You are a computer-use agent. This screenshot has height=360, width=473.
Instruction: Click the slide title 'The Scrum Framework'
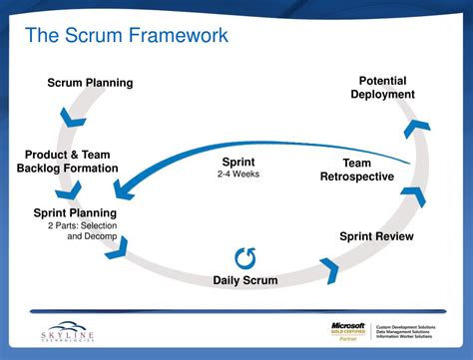tap(126, 37)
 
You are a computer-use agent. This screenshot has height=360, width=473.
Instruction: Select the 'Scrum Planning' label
tap(92, 81)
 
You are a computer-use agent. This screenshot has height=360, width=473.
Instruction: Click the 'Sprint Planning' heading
tap(75, 212)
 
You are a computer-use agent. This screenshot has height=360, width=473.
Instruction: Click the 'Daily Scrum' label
tap(244, 280)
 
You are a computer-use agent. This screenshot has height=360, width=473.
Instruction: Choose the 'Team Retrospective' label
tap(356, 170)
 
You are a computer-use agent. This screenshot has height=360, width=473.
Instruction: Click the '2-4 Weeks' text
tap(238, 174)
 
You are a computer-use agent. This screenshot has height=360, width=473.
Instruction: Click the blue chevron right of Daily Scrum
tap(328, 267)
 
